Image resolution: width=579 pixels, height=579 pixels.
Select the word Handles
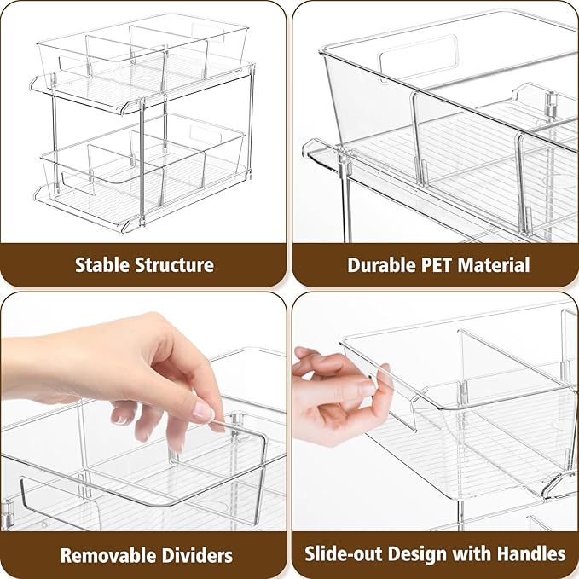[533, 553]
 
